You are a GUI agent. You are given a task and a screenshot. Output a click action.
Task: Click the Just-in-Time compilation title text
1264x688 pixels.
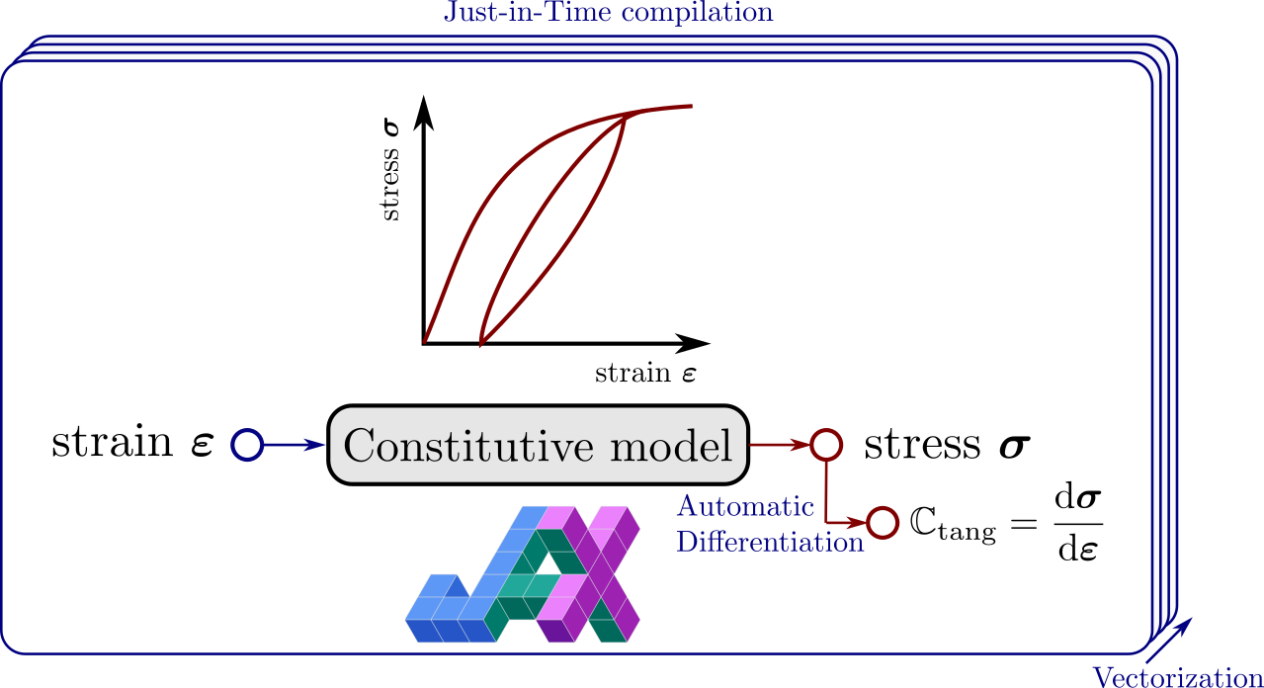(x=609, y=12)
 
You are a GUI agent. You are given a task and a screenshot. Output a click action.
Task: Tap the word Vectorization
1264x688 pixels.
(x=1178, y=677)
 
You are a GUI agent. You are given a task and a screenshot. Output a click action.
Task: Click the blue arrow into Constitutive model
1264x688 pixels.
(x=295, y=445)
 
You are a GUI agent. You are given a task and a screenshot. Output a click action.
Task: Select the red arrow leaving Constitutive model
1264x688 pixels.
(x=781, y=445)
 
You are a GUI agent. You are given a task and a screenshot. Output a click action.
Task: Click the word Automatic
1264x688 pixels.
(x=745, y=506)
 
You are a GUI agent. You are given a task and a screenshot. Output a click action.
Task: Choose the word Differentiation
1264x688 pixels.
(x=770, y=543)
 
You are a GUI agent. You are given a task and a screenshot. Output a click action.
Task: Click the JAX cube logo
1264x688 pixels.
(x=523, y=574)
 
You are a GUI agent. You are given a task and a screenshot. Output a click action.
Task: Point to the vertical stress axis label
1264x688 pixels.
(x=390, y=170)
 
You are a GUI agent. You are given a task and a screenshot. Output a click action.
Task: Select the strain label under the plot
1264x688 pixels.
(x=645, y=373)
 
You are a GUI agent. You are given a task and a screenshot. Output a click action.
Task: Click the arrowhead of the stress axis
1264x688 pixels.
(x=423, y=113)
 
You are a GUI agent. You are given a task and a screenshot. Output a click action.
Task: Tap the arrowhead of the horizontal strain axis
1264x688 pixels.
(x=693, y=343)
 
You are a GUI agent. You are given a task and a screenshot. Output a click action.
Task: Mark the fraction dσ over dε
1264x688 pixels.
(x=1078, y=524)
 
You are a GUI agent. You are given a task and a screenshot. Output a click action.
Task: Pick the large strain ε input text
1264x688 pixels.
(x=133, y=442)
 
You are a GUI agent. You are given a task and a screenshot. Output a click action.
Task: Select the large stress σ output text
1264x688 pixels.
(x=948, y=444)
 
